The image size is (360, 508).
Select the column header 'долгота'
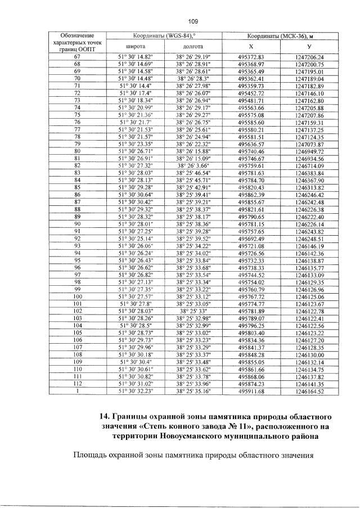tap(193, 47)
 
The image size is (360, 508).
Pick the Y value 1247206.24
tap(309, 57)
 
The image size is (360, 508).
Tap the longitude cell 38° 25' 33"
tap(193, 310)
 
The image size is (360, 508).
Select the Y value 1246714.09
tap(309, 165)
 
